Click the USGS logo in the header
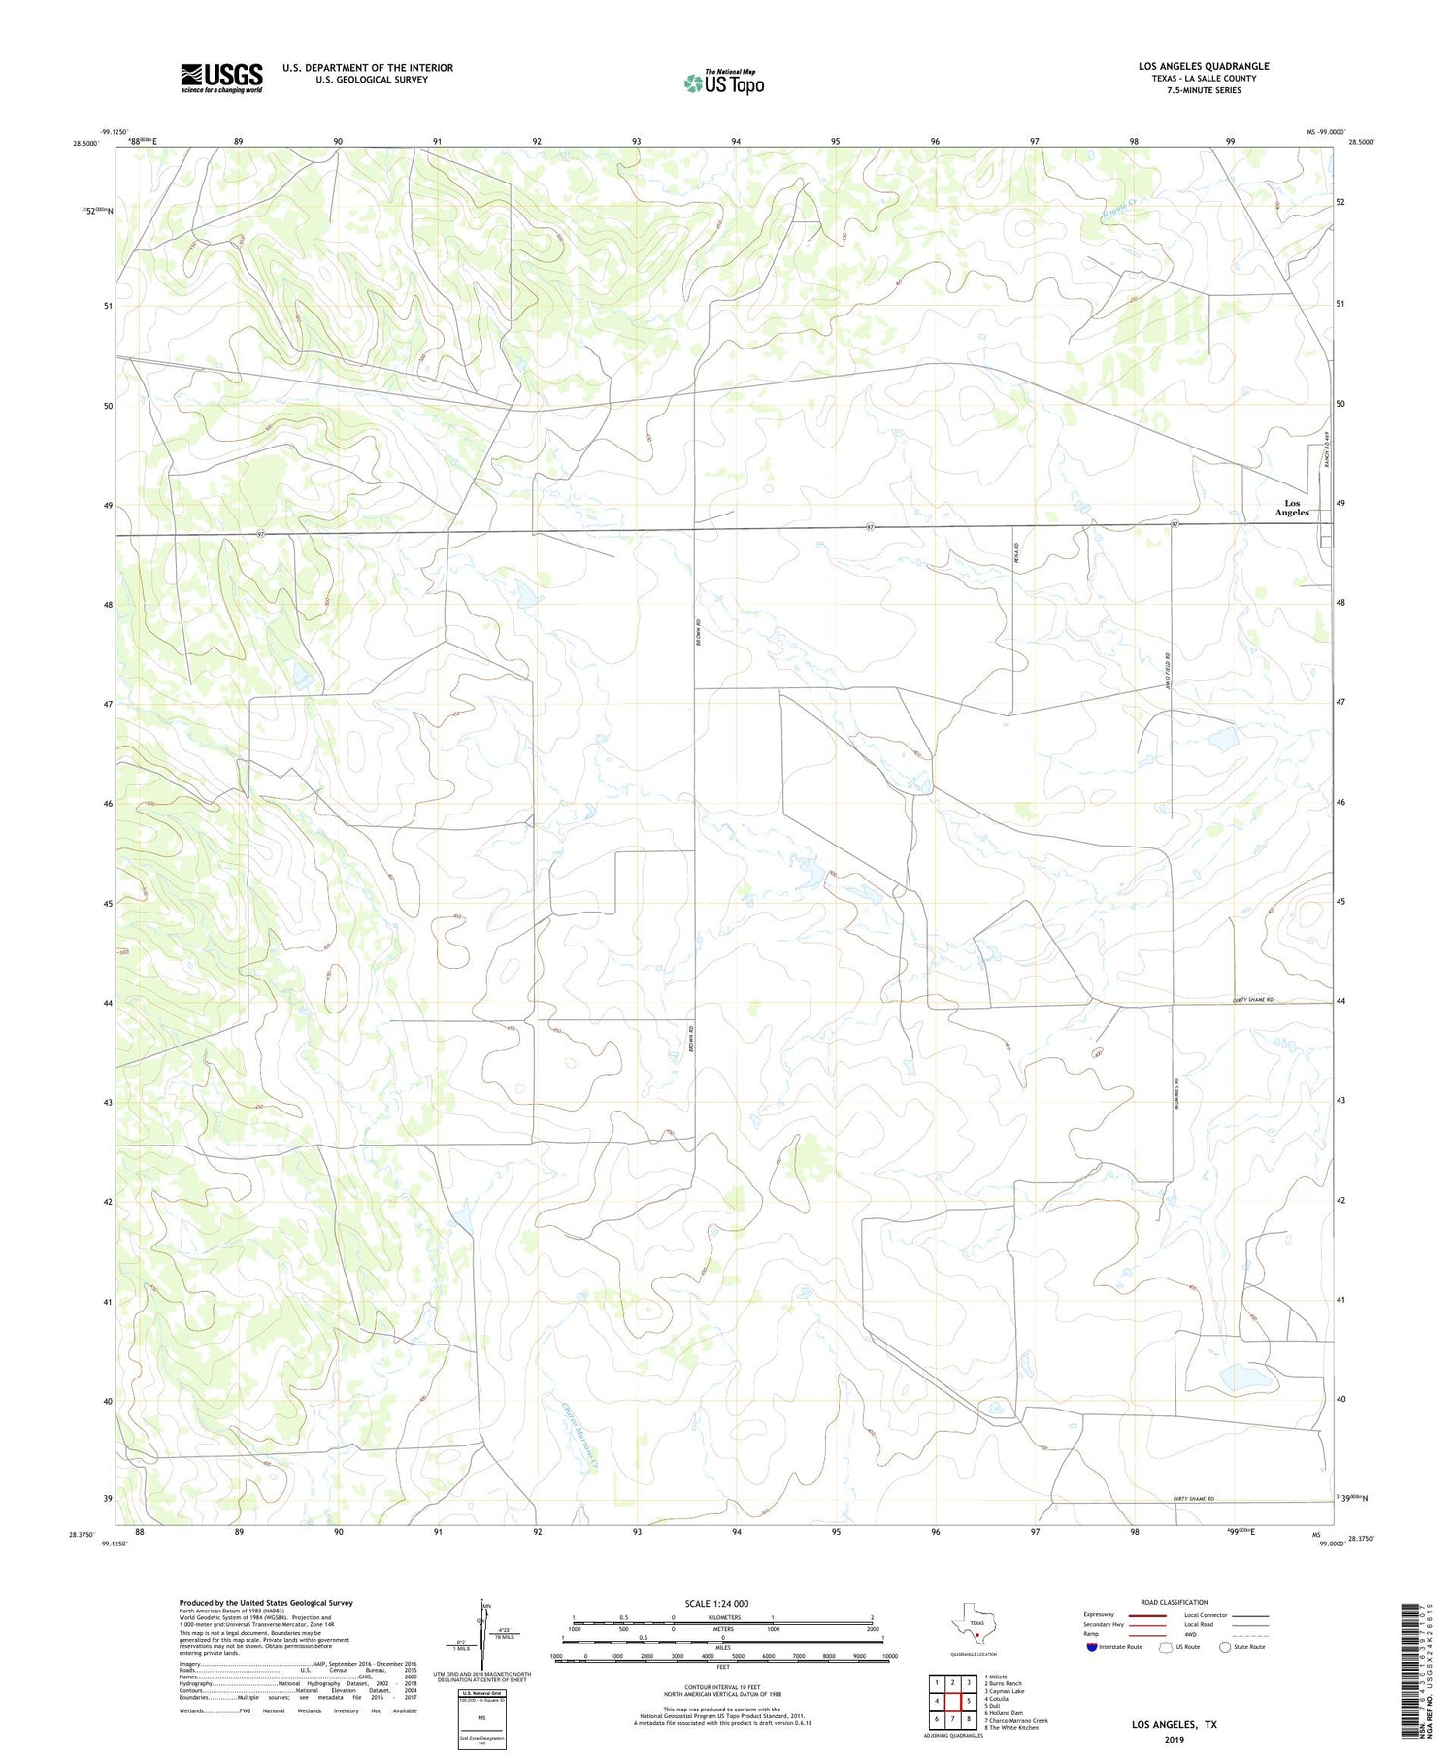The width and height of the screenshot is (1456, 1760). [221, 78]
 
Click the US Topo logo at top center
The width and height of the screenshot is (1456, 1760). [723, 83]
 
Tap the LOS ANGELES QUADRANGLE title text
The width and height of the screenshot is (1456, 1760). [1204, 66]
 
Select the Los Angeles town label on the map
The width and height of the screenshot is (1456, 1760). [1291, 508]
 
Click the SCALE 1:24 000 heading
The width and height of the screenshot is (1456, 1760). [716, 1604]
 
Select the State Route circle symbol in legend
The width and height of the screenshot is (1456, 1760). [1225, 1647]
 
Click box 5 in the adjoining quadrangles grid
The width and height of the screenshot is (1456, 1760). [968, 1701]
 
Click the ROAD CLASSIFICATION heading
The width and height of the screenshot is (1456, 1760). [1175, 1602]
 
